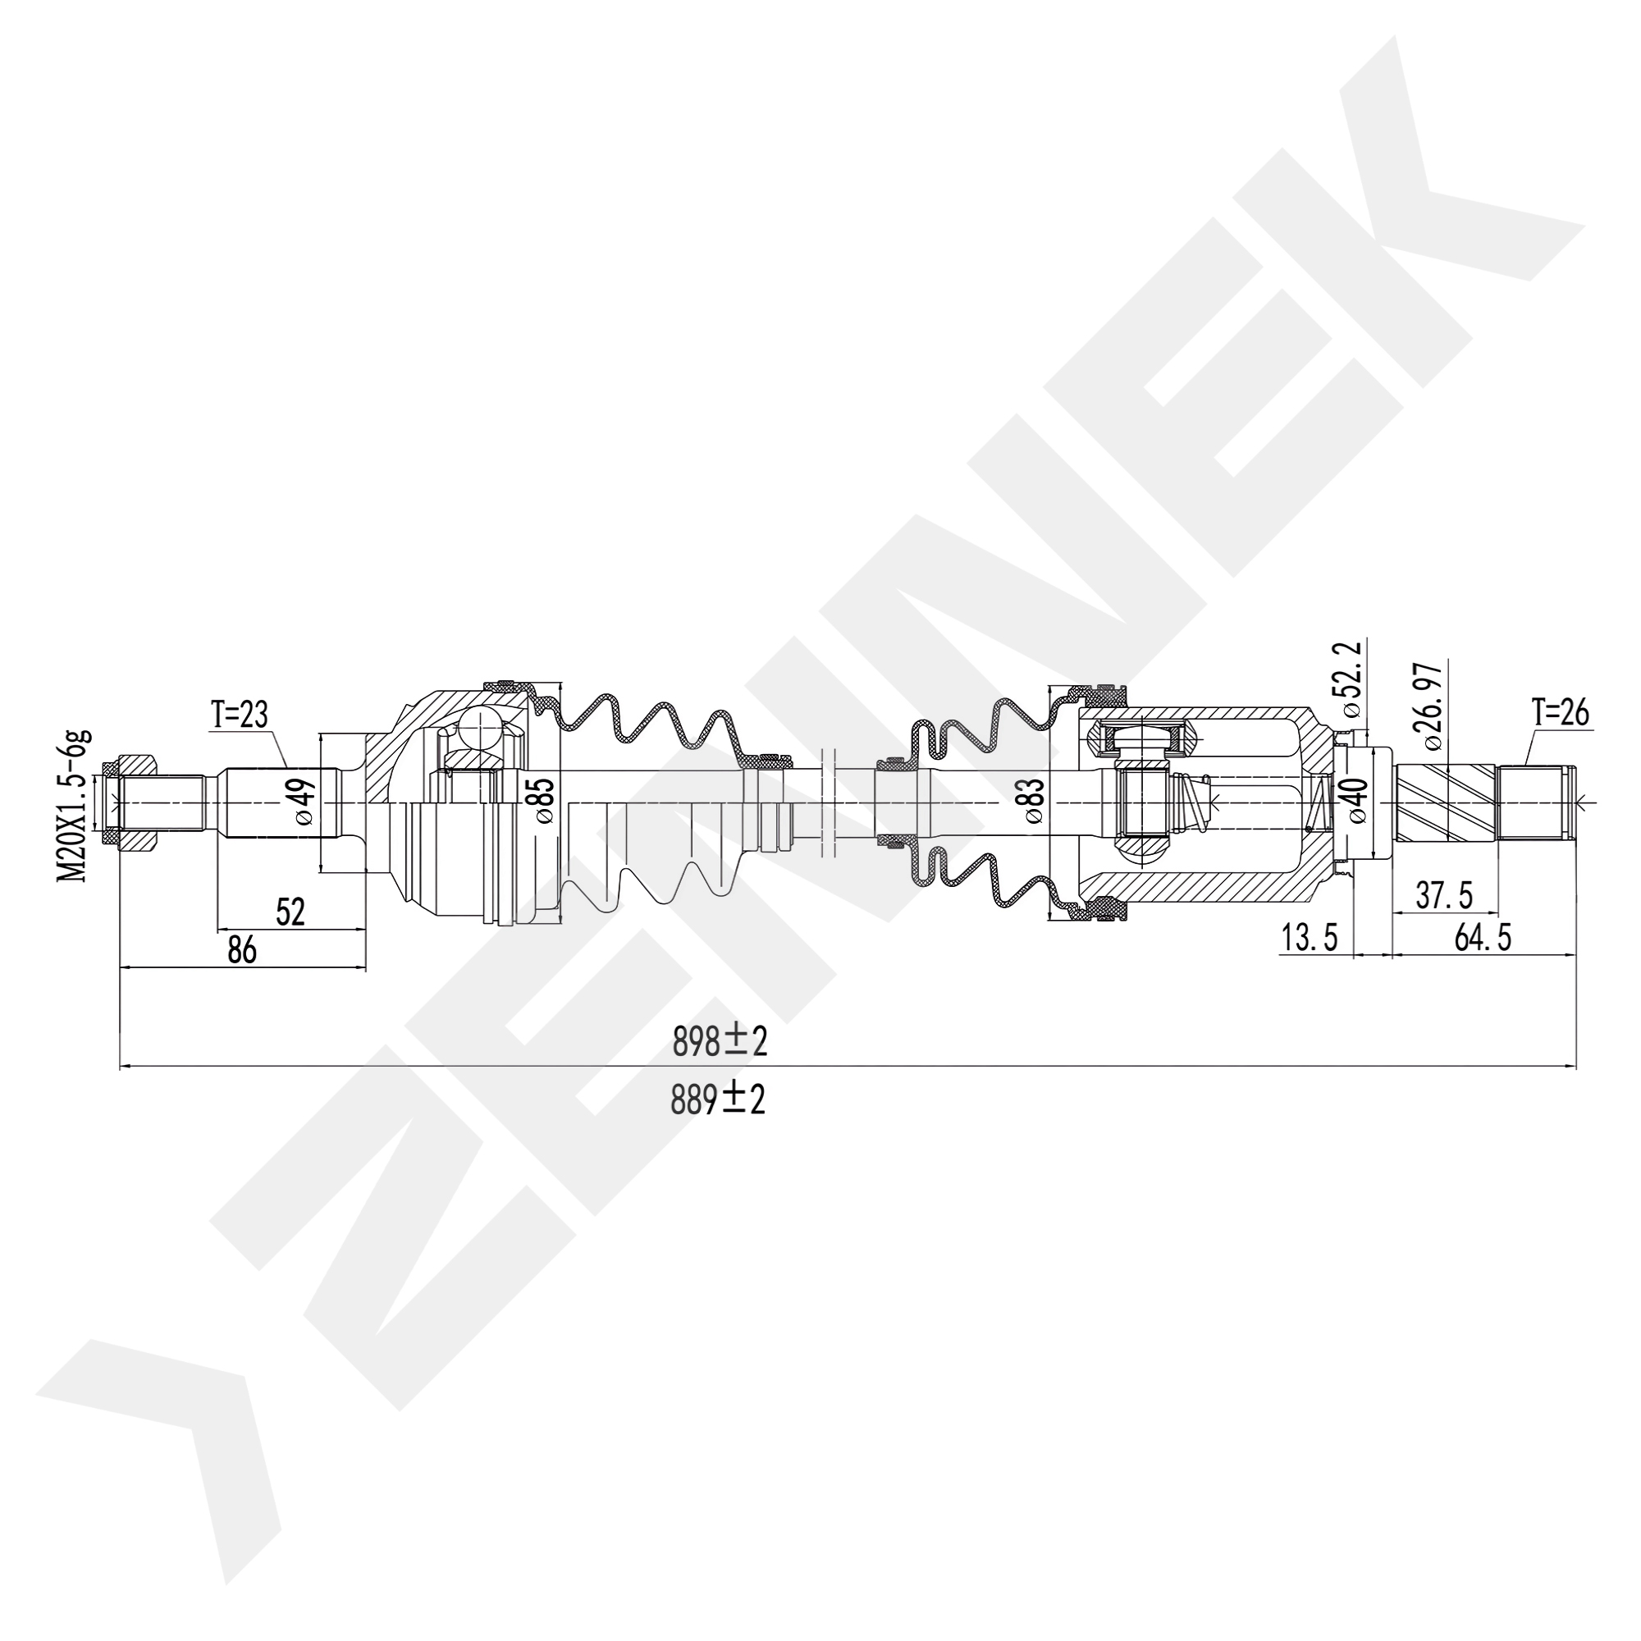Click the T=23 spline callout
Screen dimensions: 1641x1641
click(x=240, y=716)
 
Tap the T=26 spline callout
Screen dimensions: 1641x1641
click(x=1561, y=713)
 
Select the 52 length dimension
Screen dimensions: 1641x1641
click(x=290, y=912)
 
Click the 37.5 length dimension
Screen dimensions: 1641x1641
click(x=1444, y=895)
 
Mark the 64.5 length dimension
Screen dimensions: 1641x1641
click(x=1483, y=938)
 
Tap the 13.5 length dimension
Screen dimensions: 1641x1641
click(x=1309, y=938)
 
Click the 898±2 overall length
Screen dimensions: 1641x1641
click(x=720, y=1040)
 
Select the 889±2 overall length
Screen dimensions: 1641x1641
click(x=718, y=1100)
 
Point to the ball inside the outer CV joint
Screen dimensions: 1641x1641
click(x=481, y=728)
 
